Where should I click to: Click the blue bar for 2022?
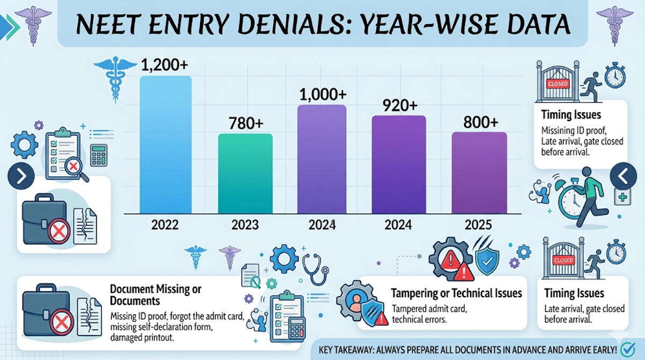166,145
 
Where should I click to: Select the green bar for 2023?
245,174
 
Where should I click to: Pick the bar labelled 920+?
399,164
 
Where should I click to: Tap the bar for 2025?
479,172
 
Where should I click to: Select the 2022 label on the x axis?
166,225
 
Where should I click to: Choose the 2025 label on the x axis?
479,225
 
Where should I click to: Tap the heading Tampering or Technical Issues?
456,293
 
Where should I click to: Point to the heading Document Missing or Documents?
155,294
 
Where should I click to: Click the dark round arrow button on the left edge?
21,176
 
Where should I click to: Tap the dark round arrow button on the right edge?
625,176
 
